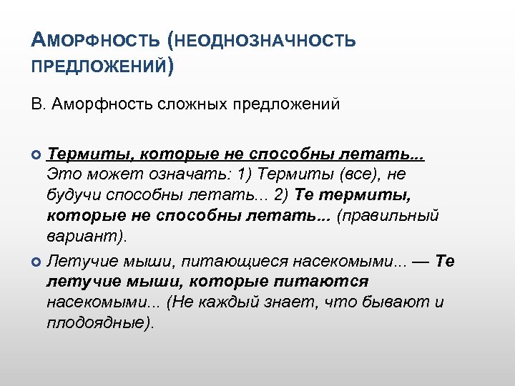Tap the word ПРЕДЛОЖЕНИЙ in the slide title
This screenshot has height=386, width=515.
coord(99,66)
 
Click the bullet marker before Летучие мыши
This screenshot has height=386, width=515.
coord(37,262)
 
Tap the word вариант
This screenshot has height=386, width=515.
coord(84,236)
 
